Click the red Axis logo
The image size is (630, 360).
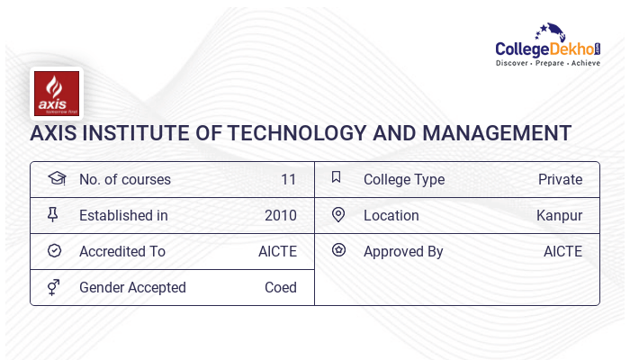click(x=57, y=94)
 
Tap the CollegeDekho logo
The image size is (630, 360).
click(x=548, y=45)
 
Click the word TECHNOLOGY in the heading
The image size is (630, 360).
click(x=297, y=133)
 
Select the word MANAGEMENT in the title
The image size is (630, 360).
click(x=497, y=133)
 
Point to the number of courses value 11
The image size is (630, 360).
click(x=289, y=180)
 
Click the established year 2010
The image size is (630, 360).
click(x=281, y=215)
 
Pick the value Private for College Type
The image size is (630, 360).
click(x=560, y=180)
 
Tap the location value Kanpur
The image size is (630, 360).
click(x=559, y=216)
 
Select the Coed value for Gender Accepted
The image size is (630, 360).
click(x=281, y=288)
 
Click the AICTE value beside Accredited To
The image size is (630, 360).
click(x=277, y=251)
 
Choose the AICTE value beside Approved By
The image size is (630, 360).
click(x=562, y=251)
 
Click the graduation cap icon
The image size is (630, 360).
click(x=57, y=178)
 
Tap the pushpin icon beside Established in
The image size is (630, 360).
click(x=52, y=214)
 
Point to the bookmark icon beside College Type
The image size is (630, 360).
click(x=337, y=176)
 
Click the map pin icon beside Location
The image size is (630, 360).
click(x=338, y=214)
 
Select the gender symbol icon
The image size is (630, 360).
click(x=53, y=287)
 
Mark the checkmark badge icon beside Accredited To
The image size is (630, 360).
click(x=54, y=251)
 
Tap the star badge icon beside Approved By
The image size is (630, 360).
click(x=338, y=250)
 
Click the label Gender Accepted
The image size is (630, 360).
click(x=132, y=288)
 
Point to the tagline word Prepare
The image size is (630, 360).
click(x=550, y=63)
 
